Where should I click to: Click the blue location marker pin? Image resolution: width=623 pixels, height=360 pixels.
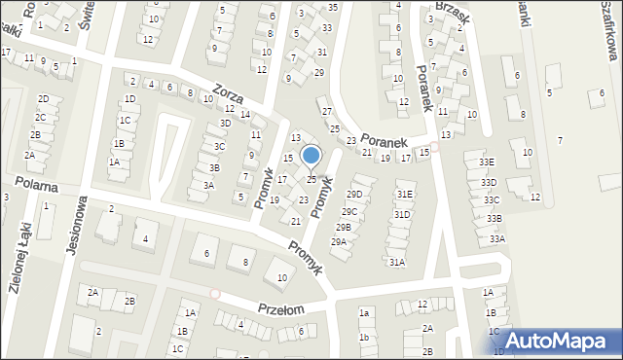pyautogui.click(x=311, y=157)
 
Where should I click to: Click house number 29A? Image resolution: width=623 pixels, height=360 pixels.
pyautogui.click(x=339, y=242)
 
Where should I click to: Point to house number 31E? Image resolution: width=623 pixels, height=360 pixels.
pyautogui.click(x=404, y=195)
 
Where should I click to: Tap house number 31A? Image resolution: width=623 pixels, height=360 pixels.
pyautogui.click(x=396, y=262)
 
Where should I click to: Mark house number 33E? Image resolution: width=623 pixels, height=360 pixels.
pyautogui.click(x=487, y=162)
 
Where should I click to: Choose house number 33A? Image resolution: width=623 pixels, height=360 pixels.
pyautogui.click(x=497, y=238)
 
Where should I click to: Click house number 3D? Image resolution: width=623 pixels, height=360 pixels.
pyautogui.click(x=226, y=123)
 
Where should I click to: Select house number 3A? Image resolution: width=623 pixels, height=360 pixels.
pyautogui.click(x=208, y=185)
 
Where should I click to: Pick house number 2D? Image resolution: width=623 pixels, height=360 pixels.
pyautogui.click(x=43, y=99)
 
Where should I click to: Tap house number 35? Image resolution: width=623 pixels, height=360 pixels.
pyautogui.click(x=333, y=7)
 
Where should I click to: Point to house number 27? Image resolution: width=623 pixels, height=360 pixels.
pyautogui.click(x=327, y=111)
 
